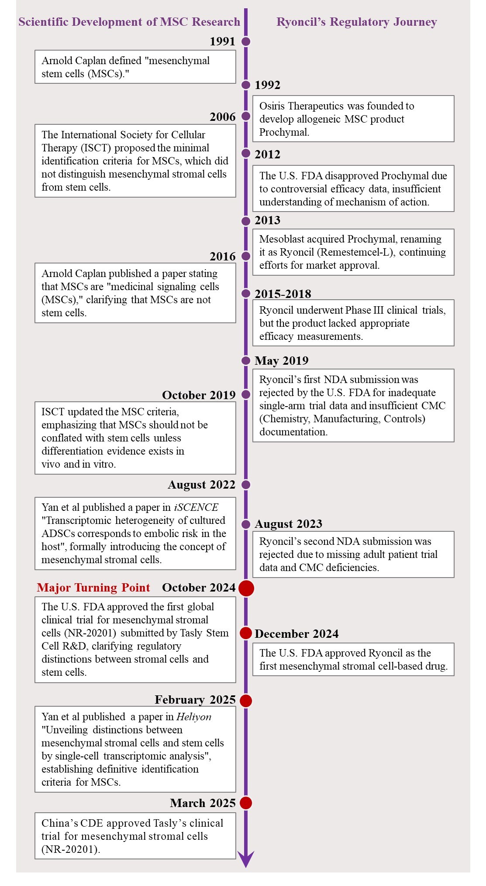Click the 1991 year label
tap(222, 41)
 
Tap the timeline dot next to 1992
tap(246, 85)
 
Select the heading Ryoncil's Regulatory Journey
tap(356, 22)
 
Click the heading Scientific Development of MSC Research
tap(129, 22)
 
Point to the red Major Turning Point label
tap(93, 588)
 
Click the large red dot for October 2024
tap(246, 588)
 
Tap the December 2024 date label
tap(296, 634)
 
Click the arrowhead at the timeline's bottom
tap(246, 859)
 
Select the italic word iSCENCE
tap(196, 507)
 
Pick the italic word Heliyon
tap(194, 717)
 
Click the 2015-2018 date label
tap(283, 294)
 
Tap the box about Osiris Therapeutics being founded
tap(353, 119)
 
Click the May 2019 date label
tap(282, 361)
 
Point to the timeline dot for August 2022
tap(246, 485)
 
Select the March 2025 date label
tap(203, 803)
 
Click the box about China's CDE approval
tap(135, 836)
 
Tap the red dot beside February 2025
tap(246, 701)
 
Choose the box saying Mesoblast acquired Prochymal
tap(353, 252)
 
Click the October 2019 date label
tap(199, 395)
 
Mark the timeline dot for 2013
tap(246, 221)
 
